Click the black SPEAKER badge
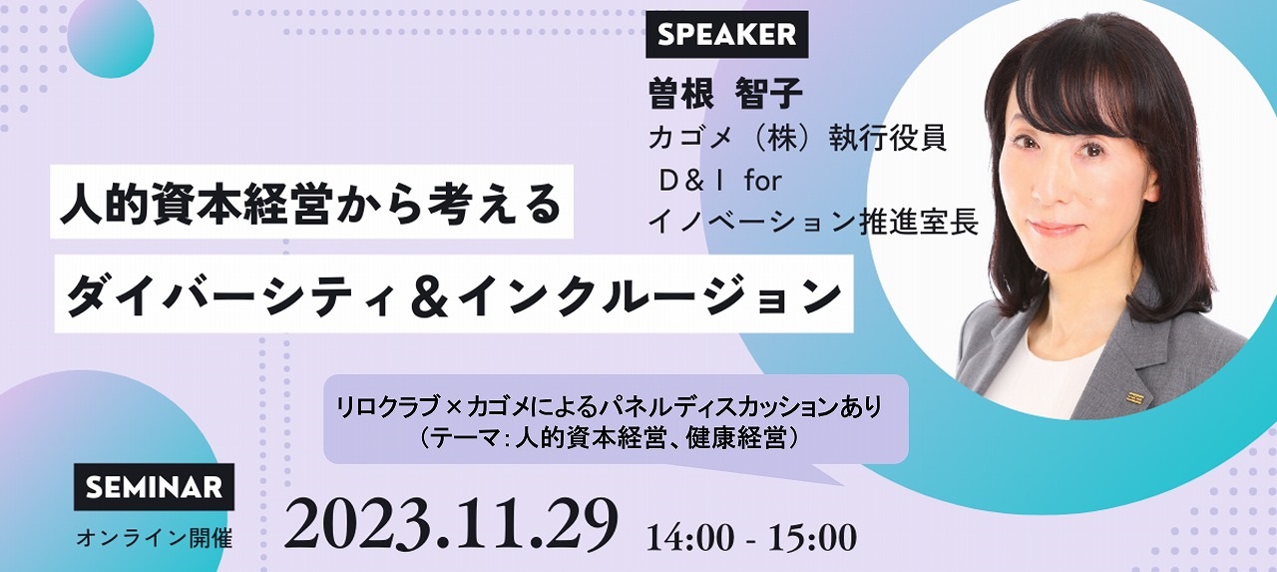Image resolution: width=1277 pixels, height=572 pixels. [x=726, y=34]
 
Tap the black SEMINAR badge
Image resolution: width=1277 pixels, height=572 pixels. [x=154, y=486]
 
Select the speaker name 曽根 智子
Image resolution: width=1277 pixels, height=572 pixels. [x=725, y=94]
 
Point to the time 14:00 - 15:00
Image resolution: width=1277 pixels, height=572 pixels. [x=751, y=537]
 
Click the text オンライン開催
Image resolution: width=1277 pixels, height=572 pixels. [x=154, y=538]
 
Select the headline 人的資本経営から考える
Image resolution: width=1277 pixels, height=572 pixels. [x=311, y=202]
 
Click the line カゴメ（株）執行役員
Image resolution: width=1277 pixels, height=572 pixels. [x=797, y=139]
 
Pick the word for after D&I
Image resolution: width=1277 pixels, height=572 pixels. [x=762, y=182]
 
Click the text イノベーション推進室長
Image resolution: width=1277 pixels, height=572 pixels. [x=813, y=222]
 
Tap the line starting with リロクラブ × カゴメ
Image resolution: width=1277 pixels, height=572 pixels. [x=610, y=407]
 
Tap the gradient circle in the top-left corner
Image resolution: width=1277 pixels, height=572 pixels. [x=111, y=39]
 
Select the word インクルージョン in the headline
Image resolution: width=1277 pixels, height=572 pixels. [x=652, y=294]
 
